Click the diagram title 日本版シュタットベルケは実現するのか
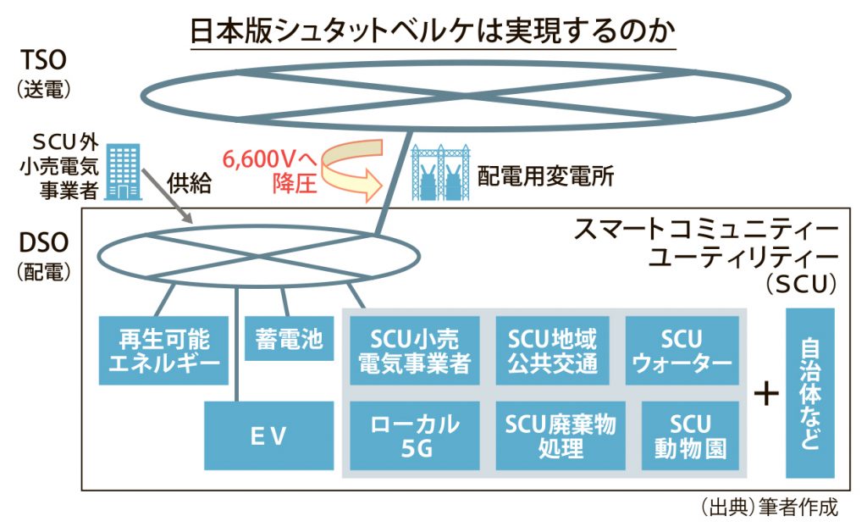coord(433,31)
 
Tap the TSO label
coord(43,60)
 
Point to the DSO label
coord(44,243)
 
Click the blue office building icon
coord(123,172)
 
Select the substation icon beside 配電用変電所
coord(440,172)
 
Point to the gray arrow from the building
coord(167,196)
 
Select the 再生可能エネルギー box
coord(163,351)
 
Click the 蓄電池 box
coord(290,338)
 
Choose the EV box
coord(268,435)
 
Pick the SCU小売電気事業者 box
coord(415,351)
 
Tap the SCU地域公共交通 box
coord(552,351)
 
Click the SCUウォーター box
coord(682,351)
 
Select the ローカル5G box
coord(415,435)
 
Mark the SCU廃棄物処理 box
coord(561,435)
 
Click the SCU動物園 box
coord(691,435)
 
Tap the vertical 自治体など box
coord(810,393)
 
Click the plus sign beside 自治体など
coord(766,394)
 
